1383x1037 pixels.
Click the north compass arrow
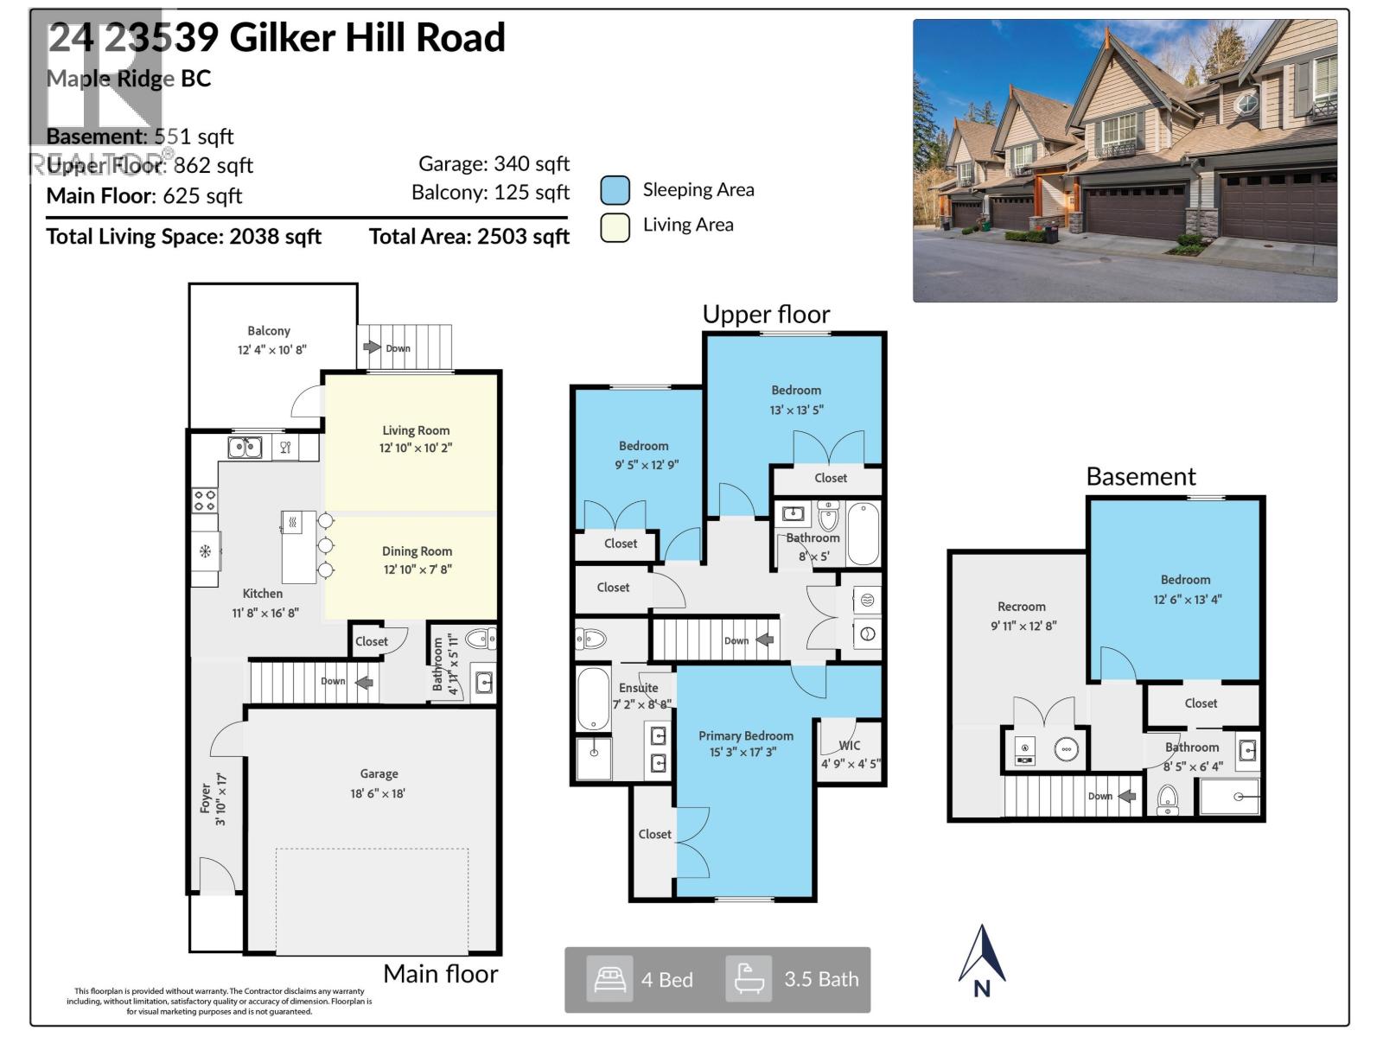(982, 955)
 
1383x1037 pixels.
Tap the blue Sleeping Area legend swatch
(615, 190)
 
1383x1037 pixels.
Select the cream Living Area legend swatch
(615, 226)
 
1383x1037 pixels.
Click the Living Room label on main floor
(416, 430)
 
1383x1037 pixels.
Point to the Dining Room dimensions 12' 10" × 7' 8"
(417, 569)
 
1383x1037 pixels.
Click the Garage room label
(379, 774)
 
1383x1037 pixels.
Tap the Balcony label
(269, 331)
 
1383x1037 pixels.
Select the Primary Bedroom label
(745, 735)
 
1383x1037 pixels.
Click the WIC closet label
(850, 745)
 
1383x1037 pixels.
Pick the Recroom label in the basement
(1021, 607)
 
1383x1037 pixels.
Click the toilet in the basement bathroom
(1167, 799)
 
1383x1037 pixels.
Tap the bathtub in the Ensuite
(593, 698)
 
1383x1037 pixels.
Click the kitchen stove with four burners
(205, 500)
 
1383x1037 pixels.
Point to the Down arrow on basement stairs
(1126, 796)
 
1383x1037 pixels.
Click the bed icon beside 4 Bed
(609, 979)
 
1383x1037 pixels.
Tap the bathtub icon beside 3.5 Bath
(748, 979)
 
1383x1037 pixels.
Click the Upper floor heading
(766, 315)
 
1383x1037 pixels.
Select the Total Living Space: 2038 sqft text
(183, 237)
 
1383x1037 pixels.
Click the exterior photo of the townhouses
(1125, 161)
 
